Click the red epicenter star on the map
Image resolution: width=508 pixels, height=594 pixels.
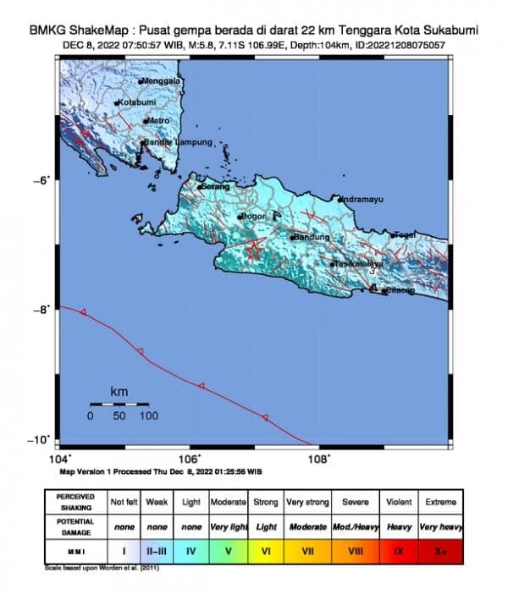tap(254, 249)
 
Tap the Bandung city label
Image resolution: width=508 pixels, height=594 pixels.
tap(312, 237)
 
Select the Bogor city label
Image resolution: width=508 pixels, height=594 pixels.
tap(254, 217)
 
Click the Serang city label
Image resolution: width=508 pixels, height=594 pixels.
tap(215, 186)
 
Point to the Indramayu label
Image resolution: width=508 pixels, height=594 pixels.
tap(362, 200)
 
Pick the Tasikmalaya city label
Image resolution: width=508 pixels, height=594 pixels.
tap(359, 264)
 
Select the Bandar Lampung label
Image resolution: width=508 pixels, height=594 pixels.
tap(177, 142)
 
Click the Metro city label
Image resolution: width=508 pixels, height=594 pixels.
tap(159, 121)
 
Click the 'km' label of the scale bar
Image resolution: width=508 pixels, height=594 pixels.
tap(119, 391)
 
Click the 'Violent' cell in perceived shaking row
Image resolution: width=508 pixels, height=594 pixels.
tap(398, 502)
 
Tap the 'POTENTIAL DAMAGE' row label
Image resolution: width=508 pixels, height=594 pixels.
tap(75, 525)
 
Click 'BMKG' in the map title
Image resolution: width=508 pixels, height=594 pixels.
tap(47, 30)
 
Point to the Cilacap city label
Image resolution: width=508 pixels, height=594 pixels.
tap(400, 291)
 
